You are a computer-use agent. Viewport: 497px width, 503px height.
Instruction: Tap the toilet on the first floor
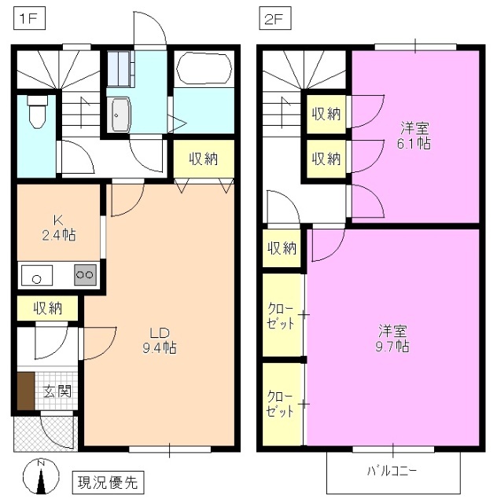[x=35, y=112]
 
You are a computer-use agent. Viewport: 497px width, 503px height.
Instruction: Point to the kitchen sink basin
[x=36, y=276]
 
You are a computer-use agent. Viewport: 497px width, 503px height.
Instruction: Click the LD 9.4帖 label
[x=159, y=338]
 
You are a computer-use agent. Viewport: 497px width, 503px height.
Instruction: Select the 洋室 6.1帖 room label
[x=414, y=135]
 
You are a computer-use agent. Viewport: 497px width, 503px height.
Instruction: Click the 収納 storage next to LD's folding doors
[x=203, y=159]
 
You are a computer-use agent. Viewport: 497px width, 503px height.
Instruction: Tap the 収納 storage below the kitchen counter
[x=47, y=308]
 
